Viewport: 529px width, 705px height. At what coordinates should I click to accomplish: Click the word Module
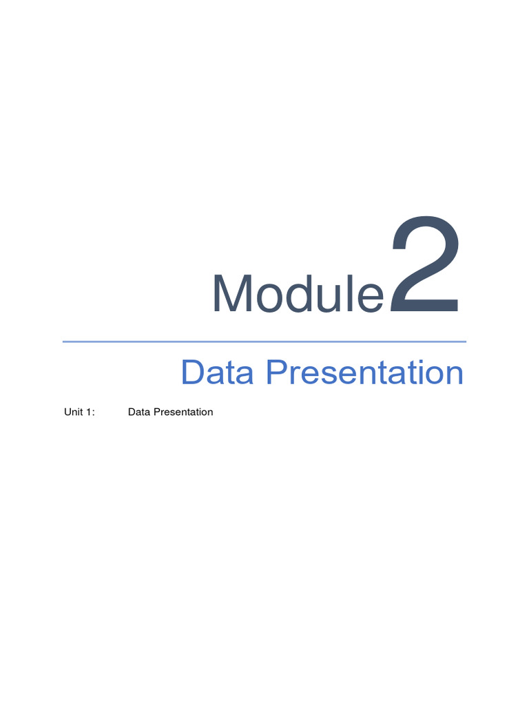pyautogui.click(x=298, y=294)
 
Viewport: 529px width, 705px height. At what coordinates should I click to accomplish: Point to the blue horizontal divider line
pyautogui.click(x=264, y=341)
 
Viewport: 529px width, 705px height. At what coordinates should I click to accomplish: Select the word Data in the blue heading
pyautogui.click(x=218, y=373)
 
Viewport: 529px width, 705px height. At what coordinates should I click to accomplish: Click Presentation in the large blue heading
pyautogui.click(x=364, y=373)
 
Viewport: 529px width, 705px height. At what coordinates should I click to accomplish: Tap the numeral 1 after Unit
pyautogui.click(x=90, y=412)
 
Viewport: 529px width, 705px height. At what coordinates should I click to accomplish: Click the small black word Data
pyautogui.click(x=139, y=412)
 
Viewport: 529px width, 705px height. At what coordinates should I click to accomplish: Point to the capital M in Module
pyautogui.click(x=231, y=294)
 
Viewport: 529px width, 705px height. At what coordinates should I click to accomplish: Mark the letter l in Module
pyautogui.click(x=346, y=294)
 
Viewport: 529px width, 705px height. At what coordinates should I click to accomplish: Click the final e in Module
pyautogui.click(x=368, y=297)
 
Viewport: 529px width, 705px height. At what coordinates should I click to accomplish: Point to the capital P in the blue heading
pyautogui.click(x=277, y=373)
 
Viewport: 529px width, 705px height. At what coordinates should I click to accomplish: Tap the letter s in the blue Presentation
pyautogui.click(x=333, y=377)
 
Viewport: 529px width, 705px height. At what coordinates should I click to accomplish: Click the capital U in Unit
pyautogui.click(x=67, y=412)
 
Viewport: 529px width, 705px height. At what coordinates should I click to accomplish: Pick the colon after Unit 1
pyautogui.click(x=94, y=413)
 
